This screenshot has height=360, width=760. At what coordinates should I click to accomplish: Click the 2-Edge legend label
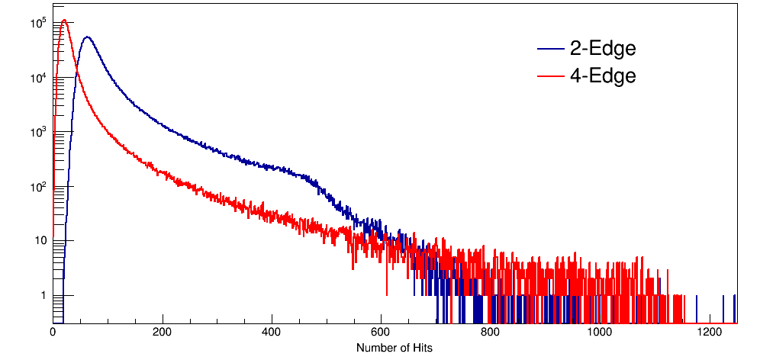(x=602, y=49)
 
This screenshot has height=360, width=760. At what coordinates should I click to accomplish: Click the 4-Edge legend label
(x=602, y=76)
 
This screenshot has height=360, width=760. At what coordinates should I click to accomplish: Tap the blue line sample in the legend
(x=549, y=50)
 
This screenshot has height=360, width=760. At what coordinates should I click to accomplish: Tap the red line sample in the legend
(x=549, y=76)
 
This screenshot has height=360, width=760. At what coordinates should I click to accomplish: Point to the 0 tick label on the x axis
(x=53, y=333)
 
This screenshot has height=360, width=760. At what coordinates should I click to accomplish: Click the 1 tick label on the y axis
(x=44, y=295)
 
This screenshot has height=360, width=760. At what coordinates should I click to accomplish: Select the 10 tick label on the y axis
(x=41, y=241)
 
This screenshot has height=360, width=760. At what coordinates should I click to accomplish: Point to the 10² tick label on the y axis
(x=40, y=186)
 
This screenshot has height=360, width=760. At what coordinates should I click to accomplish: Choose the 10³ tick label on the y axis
(x=40, y=132)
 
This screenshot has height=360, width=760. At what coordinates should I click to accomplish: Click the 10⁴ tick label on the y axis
(x=40, y=77)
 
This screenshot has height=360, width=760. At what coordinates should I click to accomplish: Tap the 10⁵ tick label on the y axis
(x=40, y=23)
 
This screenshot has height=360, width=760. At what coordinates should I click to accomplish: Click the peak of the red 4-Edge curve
(x=65, y=21)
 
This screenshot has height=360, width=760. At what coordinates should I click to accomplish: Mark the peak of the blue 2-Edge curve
(x=87, y=37)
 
